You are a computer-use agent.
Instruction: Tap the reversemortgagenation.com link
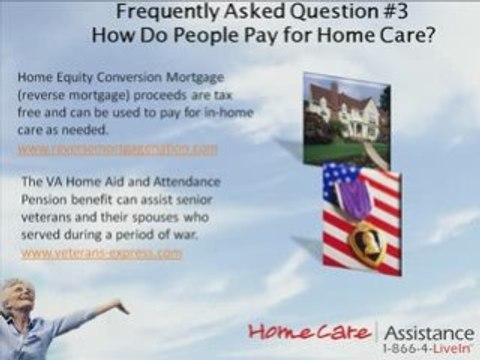tap(118, 149)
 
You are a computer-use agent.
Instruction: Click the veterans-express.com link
tap(101, 253)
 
